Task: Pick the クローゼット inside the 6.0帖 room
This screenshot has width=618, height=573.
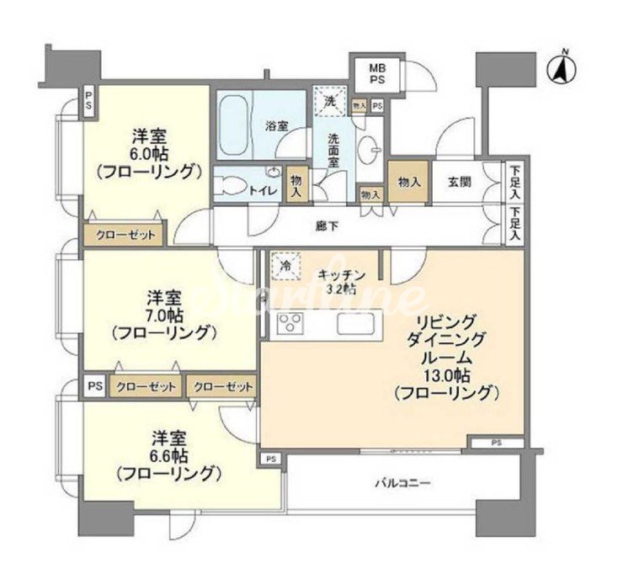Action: point(125,235)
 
